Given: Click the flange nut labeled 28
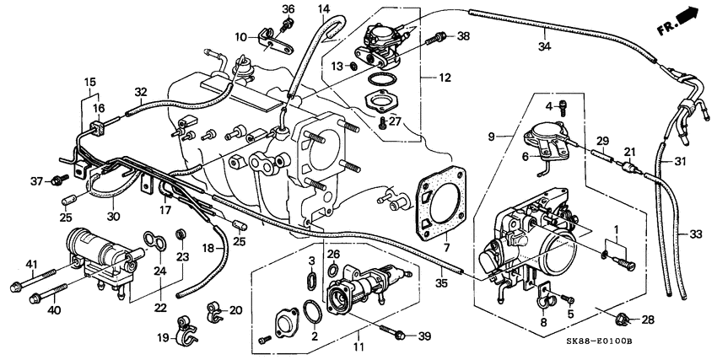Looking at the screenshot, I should (x=624, y=319).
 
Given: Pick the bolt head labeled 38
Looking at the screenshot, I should (x=439, y=37).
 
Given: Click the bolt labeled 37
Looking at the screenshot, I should (x=58, y=180).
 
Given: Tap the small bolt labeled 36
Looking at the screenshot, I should (x=287, y=25).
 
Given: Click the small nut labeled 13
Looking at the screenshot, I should (x=354, y=66).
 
